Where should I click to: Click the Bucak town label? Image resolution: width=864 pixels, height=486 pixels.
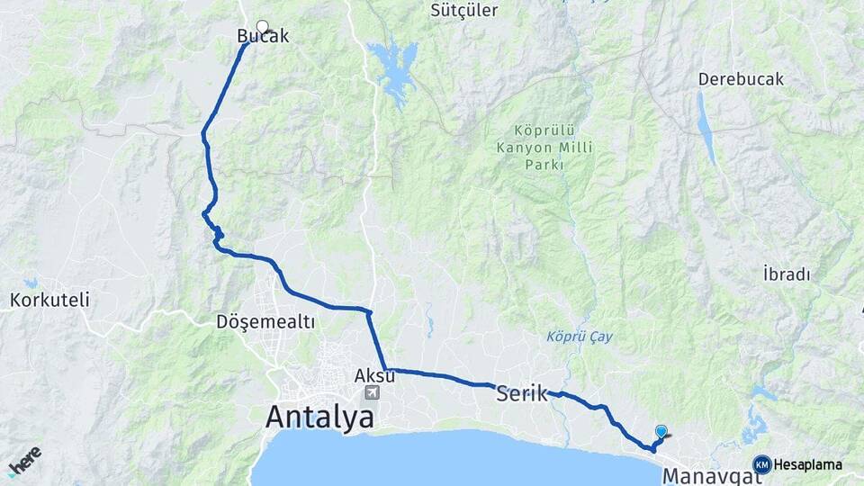(263, 37)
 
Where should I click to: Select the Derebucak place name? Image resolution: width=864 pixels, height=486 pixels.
(741, 79)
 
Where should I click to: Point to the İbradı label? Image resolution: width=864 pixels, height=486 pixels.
(787, 274)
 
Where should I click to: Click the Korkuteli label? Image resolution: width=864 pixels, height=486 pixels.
(49, 301)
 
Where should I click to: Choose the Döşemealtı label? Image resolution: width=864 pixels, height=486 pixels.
(265, 321)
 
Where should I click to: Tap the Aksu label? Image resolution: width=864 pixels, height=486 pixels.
(374, 374)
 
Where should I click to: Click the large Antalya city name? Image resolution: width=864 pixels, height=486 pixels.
(319, 417)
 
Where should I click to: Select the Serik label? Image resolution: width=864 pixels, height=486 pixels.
(522, 393)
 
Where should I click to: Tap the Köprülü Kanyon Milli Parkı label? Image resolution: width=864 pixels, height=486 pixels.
(532, 146)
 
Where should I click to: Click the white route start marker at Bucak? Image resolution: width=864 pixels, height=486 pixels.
(263, 26)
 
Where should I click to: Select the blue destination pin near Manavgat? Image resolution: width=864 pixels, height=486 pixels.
(661, 432)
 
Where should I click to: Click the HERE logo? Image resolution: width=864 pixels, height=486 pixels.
(24, 461)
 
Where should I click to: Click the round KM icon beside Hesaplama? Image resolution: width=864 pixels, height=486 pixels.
(762, 464)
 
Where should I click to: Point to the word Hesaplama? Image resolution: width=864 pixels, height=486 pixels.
(808, 464)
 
